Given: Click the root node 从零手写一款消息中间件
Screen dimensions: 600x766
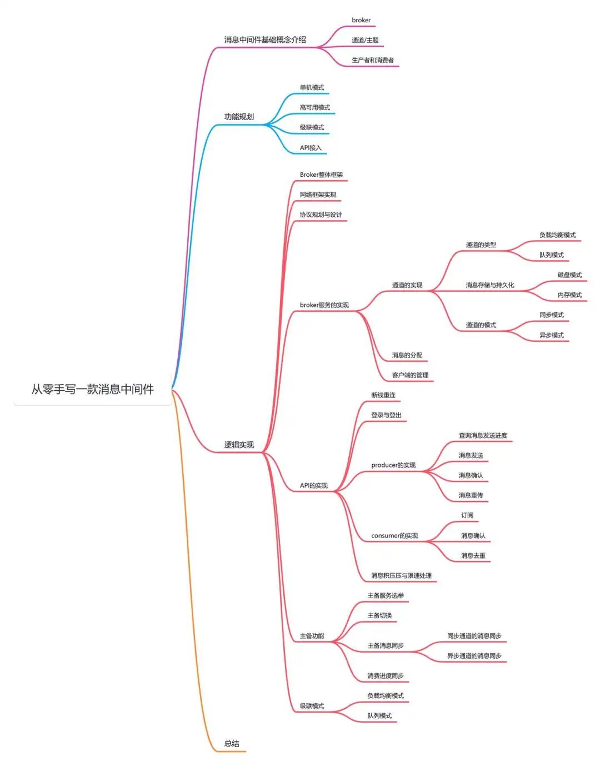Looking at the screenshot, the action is click(93, 389).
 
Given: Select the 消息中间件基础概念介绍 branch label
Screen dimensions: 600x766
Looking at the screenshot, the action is click(265, 39).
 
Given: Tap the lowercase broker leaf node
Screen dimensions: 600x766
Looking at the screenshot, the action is click(361, 20).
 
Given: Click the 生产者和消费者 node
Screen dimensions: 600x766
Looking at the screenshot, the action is click(373, 60).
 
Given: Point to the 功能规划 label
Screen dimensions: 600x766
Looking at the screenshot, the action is click(239, 117).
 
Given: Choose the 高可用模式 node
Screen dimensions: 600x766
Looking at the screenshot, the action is click(315, 107).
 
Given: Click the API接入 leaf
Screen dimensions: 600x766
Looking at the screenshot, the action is click(311, 148).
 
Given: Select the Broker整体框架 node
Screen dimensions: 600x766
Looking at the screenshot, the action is click(321, 175).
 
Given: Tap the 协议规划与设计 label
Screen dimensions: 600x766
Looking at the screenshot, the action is click(321, 215).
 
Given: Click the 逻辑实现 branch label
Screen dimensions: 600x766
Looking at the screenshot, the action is click(239, 445).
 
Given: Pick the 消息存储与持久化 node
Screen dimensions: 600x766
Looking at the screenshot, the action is click(490, 285).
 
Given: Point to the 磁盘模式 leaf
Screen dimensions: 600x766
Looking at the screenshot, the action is click(569, 275).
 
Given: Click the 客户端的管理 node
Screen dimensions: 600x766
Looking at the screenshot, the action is click(410, 375).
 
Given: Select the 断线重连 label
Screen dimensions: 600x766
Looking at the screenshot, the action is click(383, 395).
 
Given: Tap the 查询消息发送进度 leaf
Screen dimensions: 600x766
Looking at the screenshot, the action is click(483, 435).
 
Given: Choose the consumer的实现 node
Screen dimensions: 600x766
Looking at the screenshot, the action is click(394, 535).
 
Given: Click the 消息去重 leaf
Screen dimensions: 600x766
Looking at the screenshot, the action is click(473, 555).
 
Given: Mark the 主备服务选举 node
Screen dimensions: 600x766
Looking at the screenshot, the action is click(386, 595).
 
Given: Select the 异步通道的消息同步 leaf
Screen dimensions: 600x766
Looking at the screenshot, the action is click(474, 656).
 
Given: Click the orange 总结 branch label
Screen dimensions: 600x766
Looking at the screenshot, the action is click(232, 743).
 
